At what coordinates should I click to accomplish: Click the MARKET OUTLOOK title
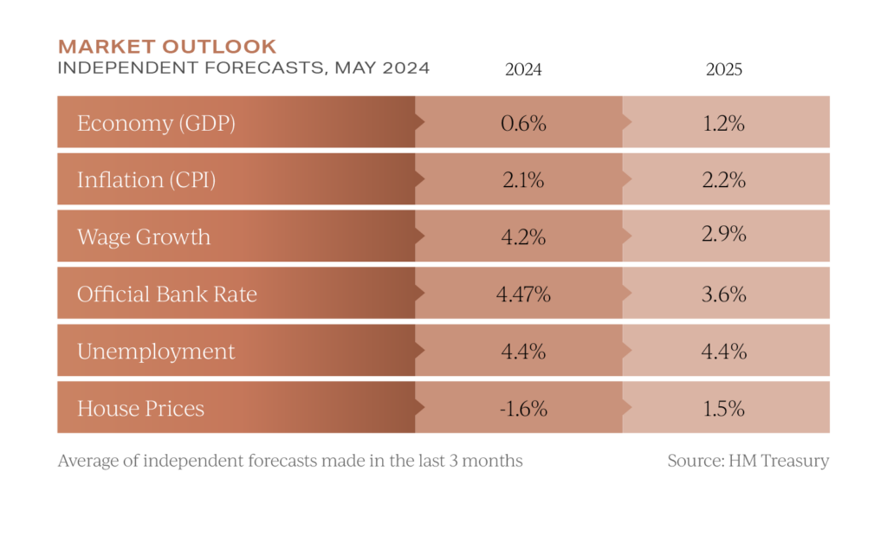(x=167, y=46)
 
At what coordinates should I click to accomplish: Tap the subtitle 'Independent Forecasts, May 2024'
(x=243, y=68)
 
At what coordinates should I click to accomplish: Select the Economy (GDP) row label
(x=156, y=123)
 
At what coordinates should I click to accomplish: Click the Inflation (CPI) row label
(x=146, y=180)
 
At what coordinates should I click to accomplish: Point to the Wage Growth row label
(x=144, y=236)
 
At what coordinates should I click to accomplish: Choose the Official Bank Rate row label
(x=167, y=294)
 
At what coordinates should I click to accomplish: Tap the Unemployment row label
(x=156, y=352)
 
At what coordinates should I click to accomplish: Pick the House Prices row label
(x=140, y=408)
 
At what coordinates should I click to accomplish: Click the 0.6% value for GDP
(x=523, y=123)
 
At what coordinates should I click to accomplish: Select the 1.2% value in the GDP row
(x=724, y=123)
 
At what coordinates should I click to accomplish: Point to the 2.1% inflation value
(x=522, y=180)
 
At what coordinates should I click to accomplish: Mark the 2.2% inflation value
(x=724, y=180)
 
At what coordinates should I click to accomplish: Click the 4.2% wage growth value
(x=523, y=236)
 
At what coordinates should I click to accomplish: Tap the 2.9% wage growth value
(x=725, y=235)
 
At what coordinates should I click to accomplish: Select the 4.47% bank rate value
(x=523, y=294)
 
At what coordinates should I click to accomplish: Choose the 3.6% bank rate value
(x=725, y=294)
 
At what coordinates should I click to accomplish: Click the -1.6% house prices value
(x=522, y=408)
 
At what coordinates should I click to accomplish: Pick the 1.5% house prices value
(x=724, y=408)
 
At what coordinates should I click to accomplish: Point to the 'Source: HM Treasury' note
(x=748, y=461)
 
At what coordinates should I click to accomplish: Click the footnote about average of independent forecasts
(x=289, y=461)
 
